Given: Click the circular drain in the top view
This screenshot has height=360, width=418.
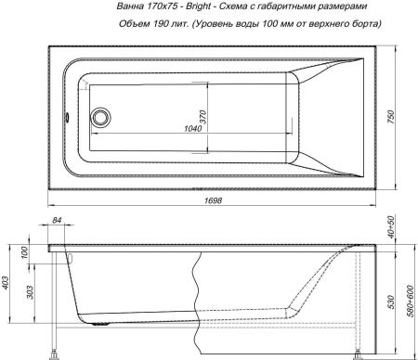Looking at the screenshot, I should pos(99,117).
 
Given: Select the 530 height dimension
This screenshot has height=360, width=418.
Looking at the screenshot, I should pos(391,301).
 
